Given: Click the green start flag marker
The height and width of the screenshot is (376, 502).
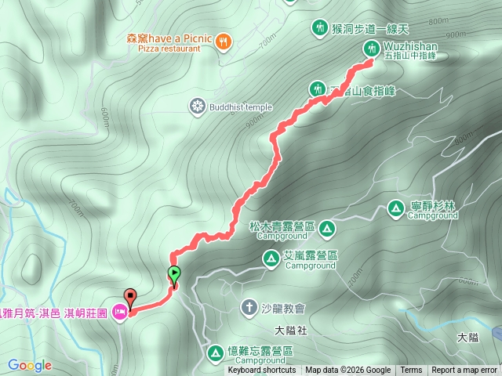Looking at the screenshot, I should click(x=174, y=274).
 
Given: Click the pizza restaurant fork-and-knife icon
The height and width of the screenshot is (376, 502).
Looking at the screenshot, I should click(x=223, y=41).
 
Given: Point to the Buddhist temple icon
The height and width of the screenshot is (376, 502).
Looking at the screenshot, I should click(x=197, y=105).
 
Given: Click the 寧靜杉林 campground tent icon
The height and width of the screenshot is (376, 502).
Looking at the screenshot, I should click(x=396, y=208).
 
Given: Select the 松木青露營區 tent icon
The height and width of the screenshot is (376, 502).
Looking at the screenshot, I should click(x=327, y=229).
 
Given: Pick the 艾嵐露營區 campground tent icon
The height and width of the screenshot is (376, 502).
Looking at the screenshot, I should click(x=271, y=257).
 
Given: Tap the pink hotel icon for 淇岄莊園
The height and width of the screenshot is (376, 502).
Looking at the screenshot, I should click(x=120, y=313).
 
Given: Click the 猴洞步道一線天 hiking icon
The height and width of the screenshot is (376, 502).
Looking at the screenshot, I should click(x=319, y=28).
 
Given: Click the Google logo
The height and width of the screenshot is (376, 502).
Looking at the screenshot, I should click(x=30, y=365).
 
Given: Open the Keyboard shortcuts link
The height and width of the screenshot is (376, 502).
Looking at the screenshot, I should click(x=262, y=371).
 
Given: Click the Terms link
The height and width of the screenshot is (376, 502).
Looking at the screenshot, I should click(x=411, y=371).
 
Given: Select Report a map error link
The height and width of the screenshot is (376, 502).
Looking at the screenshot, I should click(x=464, y=371).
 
